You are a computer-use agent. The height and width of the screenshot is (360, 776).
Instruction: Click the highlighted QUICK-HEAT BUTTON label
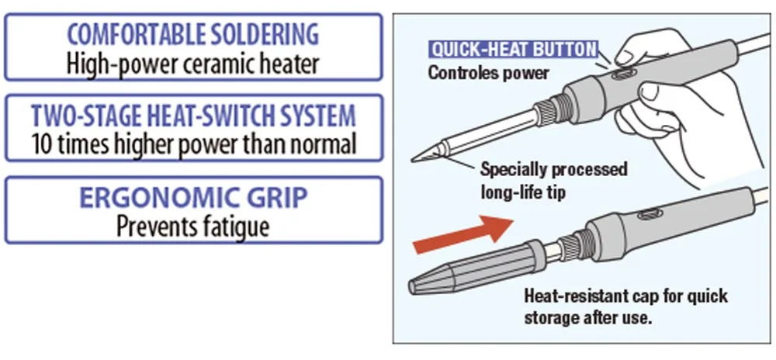point(514,50)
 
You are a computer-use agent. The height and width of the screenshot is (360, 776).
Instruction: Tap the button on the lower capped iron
point(648,213)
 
